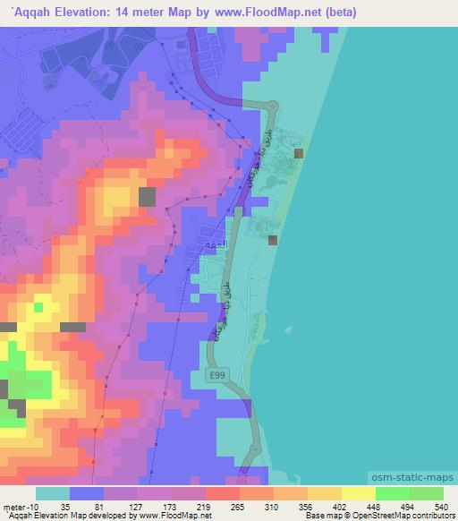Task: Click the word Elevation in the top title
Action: [99, 13]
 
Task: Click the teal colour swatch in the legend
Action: [52, 493]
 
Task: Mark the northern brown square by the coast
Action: [299, 153]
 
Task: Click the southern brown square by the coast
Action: [273, 239]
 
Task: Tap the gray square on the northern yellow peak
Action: [147, 196]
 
